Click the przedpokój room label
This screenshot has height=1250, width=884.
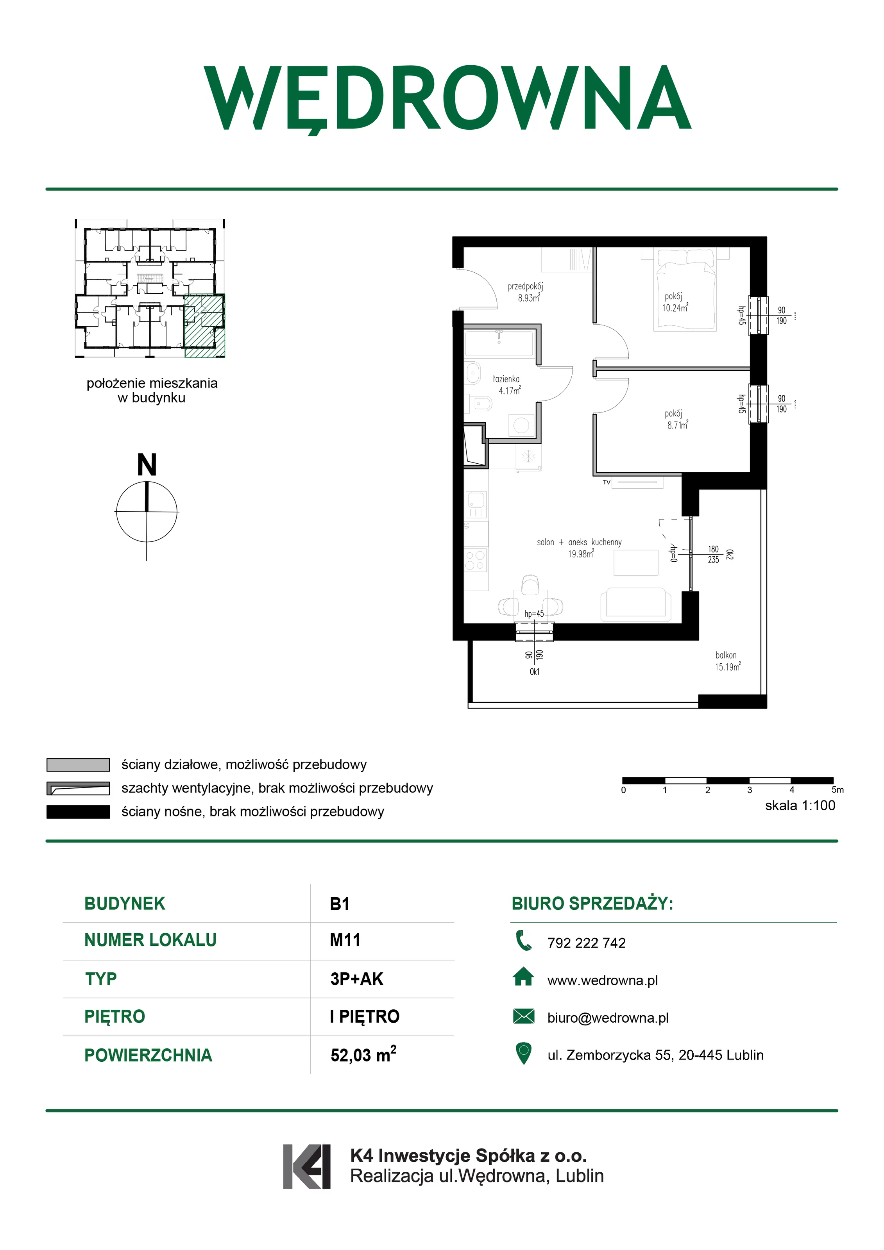point(525,286)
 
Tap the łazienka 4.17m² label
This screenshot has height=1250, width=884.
point(506,384)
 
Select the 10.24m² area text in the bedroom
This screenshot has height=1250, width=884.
point(675,307)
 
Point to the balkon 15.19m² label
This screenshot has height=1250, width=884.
point(728,661)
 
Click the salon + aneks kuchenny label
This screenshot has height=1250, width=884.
point(579,542)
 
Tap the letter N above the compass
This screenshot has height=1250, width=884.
point(147,465)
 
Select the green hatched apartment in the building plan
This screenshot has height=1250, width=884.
point(205,325)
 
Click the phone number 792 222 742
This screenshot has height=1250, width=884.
point(587,943)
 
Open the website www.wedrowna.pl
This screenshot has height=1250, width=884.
point(602,980)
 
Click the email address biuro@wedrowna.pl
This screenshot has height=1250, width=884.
point(608,1018)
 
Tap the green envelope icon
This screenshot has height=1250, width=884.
point(523,1016)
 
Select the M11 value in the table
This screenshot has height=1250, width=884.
point(345,940)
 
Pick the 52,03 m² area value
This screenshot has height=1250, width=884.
point(363,1055)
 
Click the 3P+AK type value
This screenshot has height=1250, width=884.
point(357,979)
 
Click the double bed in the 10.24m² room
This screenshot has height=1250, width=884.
point(685,289)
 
